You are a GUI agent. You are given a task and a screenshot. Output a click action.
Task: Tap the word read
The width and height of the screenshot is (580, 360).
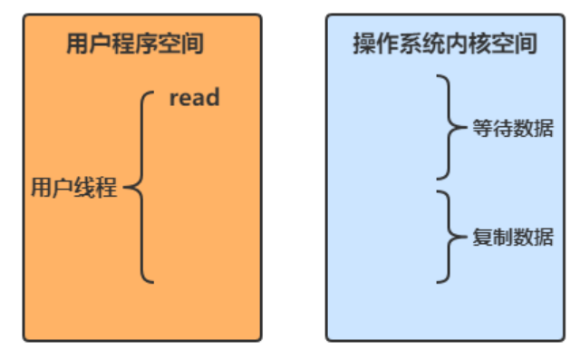click(194, 97)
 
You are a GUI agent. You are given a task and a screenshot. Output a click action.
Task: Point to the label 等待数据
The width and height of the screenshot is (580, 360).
click(513, 129)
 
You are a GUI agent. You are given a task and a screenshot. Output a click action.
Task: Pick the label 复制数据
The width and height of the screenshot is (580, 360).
click(513, 238)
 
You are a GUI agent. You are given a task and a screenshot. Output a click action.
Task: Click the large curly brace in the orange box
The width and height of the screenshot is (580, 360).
click(143, 189)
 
